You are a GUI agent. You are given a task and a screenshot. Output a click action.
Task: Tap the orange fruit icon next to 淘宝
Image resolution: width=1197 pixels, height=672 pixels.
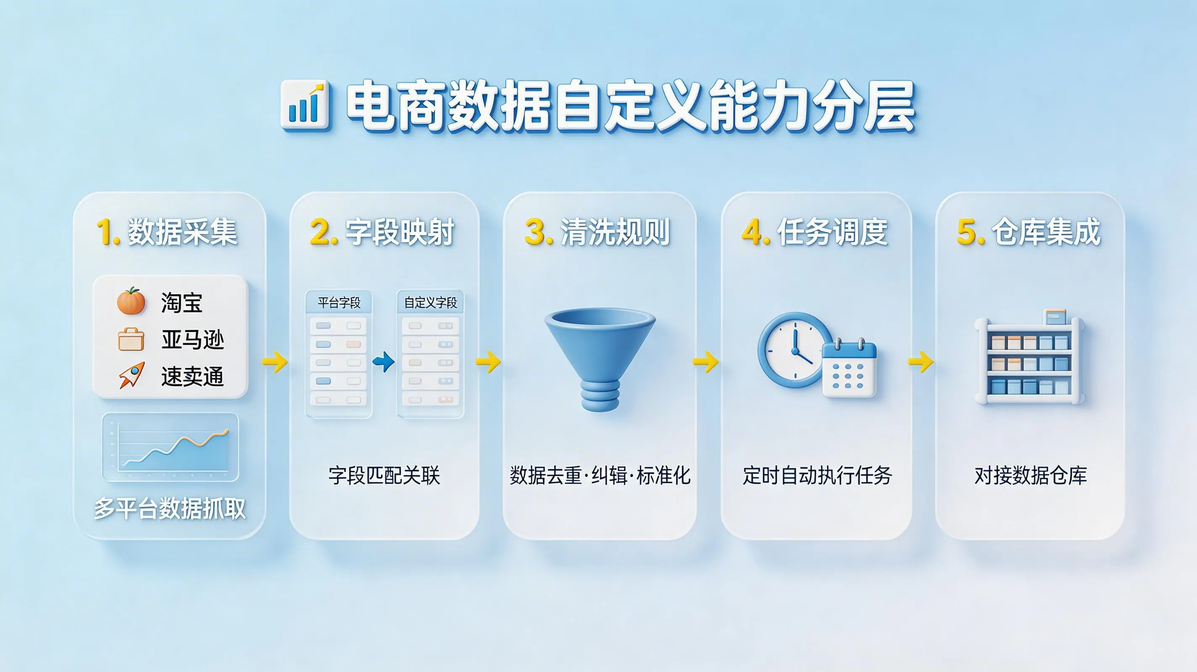point(131,301)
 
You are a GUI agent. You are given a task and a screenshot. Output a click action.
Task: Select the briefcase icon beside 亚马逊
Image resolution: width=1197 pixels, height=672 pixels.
point(131,339)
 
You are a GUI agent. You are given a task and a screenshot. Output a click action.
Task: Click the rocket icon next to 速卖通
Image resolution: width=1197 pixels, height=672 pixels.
point(132,375)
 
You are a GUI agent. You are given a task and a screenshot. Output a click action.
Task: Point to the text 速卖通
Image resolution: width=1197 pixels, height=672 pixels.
point(192,376)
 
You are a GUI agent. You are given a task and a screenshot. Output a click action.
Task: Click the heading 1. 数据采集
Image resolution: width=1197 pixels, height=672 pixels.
point(167,232)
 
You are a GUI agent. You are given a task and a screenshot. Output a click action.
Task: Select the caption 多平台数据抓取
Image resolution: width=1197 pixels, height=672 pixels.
point(170,509)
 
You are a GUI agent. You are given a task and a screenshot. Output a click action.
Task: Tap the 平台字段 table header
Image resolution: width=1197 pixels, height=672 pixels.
point(339,303)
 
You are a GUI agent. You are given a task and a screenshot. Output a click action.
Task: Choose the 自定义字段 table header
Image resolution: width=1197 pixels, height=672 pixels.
point(430,303)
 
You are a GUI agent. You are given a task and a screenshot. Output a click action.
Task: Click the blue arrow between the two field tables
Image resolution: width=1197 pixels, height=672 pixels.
point(384,362)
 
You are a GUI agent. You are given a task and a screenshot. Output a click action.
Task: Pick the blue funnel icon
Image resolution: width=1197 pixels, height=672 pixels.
point(600,360)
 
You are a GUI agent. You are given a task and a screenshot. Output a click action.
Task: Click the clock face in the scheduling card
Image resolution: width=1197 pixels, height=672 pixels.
point(795,350)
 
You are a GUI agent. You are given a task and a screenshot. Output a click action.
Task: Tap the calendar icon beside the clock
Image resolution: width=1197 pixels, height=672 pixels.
point(849,368)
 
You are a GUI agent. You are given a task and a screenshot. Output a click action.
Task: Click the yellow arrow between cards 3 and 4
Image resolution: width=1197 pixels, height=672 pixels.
point(705,362)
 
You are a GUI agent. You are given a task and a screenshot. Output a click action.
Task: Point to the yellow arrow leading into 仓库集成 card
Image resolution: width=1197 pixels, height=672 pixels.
point(920,362)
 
